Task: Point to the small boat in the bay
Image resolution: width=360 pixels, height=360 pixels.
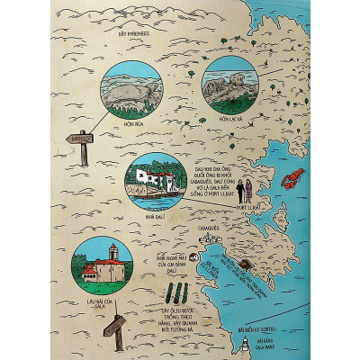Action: [244, 267]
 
